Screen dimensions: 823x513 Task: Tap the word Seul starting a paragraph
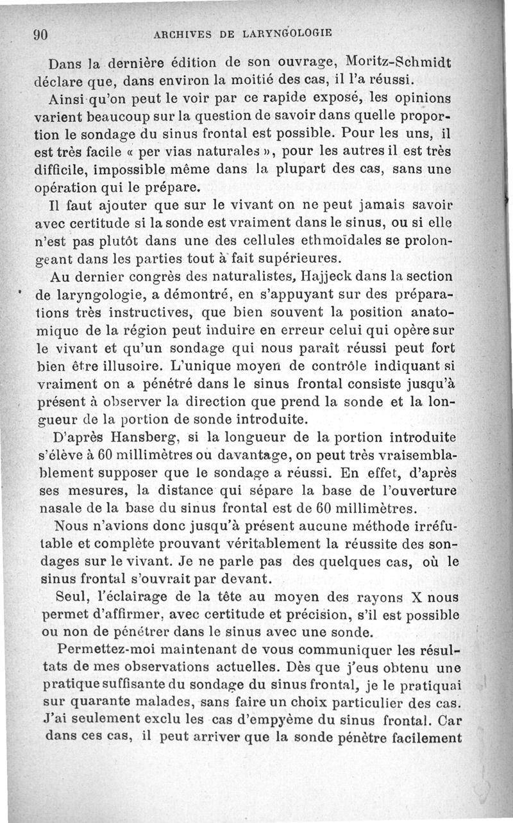click(x=72, y=597)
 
